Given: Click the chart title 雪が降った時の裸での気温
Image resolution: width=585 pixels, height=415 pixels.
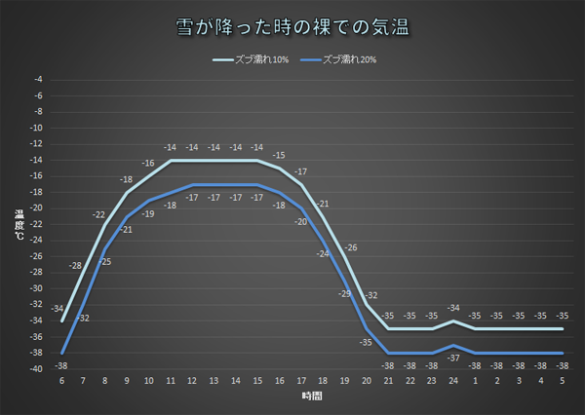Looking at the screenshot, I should click(x=292, y=27).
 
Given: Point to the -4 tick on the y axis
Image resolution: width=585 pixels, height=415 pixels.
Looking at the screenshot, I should click(x=39, y=79).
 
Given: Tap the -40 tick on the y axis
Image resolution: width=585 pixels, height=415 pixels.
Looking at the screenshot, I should click(x=37, y=369).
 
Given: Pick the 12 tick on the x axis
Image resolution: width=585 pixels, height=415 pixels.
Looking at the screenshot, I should click(x=192, y=380).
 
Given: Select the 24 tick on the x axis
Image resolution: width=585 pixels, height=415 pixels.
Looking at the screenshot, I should click(x=453, y=380).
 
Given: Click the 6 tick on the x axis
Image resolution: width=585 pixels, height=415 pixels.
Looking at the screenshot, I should click(x=62, y=380).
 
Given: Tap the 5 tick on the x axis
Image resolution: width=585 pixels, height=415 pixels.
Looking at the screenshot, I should click(x=563, y=380).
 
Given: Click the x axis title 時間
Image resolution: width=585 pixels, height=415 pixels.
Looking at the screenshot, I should click(x=312, y=398).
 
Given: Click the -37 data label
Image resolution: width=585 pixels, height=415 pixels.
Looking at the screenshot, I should click(x=453, y=358).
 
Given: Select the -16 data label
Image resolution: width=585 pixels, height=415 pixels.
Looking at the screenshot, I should click(x=148, y=164).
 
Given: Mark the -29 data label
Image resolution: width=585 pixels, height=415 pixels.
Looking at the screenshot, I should click(x=344, y=293).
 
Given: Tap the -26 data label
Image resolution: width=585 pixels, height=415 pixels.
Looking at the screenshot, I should click(x=351, y=247).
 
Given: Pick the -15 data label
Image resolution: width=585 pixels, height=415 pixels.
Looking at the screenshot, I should click(x=279, y=155).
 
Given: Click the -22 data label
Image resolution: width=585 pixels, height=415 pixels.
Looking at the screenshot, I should click(x=98, y=214).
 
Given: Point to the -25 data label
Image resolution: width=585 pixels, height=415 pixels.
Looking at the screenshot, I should click(x=105, y=261).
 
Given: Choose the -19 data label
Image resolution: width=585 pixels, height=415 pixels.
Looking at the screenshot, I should click(x=148, y=213).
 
